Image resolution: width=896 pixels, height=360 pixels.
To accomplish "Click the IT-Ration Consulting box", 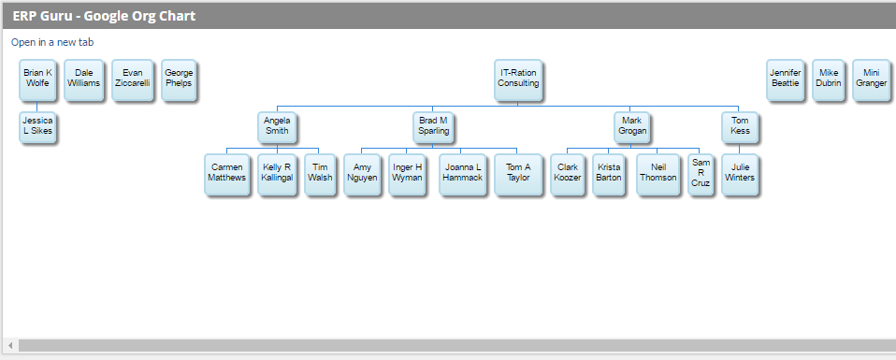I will click(517, 79).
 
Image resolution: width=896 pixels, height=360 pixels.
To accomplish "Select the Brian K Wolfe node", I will click(37, 79).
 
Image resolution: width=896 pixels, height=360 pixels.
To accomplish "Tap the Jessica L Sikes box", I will click(37, 127).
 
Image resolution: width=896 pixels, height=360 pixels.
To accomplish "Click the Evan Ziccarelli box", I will click(132, 79).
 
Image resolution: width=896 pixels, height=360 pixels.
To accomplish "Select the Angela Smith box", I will click(277, 126).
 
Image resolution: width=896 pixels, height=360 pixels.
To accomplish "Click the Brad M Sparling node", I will click(433, 126).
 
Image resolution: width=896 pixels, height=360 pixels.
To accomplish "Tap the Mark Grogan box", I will click(632, 126).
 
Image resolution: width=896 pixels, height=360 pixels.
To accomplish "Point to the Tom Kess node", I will click(740, 126).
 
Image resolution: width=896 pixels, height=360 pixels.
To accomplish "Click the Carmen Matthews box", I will click(227, 173).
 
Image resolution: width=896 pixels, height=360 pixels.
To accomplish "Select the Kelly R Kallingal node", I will click(277, 173).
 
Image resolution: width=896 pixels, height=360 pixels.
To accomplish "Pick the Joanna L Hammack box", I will click(463, 173).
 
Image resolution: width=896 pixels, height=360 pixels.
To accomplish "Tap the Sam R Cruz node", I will click(701, 173).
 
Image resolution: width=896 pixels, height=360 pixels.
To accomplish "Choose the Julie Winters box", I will click(740, 173).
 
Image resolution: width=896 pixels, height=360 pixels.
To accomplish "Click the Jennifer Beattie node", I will click(784, 79).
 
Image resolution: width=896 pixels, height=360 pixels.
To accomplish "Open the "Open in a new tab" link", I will click(52, 42).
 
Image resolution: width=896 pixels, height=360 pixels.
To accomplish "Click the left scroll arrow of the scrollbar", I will click(10, 346).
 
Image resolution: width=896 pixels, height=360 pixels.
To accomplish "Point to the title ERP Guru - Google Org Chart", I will click(104, 16).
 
